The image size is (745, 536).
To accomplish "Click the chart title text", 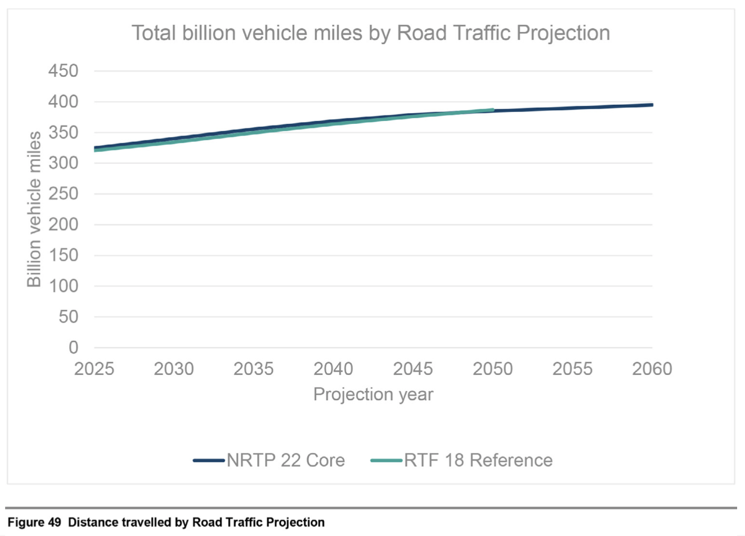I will pyautogui.click(x=371, y=33).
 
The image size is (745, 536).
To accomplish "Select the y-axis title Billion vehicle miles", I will pyautogui.click(x=34, y=209).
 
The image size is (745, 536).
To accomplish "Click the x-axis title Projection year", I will pyautogui.click(x=373, y=394).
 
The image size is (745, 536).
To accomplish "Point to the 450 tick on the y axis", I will pyautogui.click(x=64, y=72).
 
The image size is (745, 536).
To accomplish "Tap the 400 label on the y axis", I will pyautogui.click(x=64, y=102).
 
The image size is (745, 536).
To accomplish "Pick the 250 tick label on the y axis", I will pyautogui.click(x=64, y=194).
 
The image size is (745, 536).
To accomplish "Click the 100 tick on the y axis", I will pyautogui.click(x=64, y=286).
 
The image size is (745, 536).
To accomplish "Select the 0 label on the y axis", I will pyautogui.click(x=73, y=347).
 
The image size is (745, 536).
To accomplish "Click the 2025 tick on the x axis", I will pyautogui.click(x=95, y=369).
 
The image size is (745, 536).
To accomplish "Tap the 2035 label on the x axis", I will pyautogui.click(x=254, y=369).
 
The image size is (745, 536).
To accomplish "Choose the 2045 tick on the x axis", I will pyautogui.click(x=413, y=369).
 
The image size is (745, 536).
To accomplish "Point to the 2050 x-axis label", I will pyautogui.click(x=493, y=369).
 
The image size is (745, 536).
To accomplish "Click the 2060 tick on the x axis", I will pyautogui.click(x=652, y=369).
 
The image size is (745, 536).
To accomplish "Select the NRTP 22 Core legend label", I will pyautogui.click(x=286, y=460).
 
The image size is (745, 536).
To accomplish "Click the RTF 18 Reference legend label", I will pyautogui.click(x=478, y=460).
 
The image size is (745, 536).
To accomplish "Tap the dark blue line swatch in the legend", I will pyautogui.click(x=209, y=461).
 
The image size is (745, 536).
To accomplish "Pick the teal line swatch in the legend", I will pyautogui.click(x=386, y=461).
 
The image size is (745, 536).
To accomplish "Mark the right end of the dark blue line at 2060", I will pyautogui.click(x=652, y=105).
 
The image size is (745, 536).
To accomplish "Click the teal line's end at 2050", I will pyautogui.click(x=493, y=110).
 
